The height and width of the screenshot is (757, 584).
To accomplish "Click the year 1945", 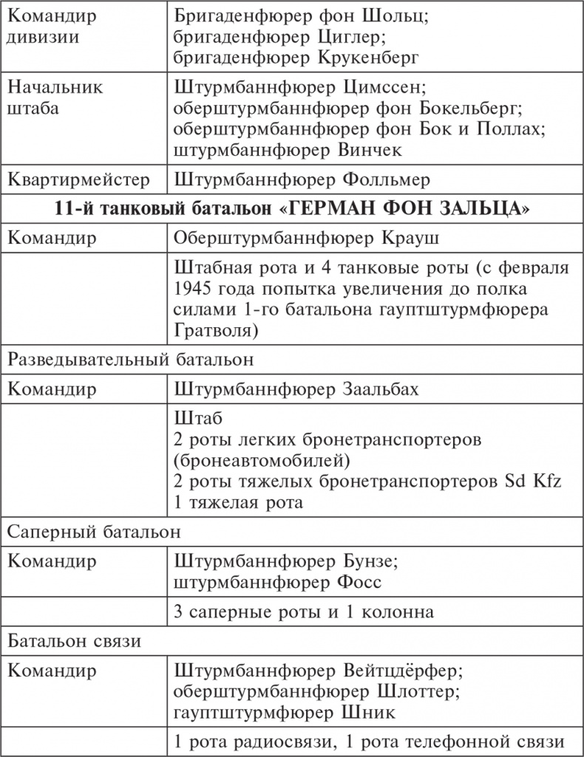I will [x=194, y=288].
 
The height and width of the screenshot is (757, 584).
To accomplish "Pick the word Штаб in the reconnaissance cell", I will [x=196, y=419].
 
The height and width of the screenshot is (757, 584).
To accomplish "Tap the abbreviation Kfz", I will [x=547, y=482].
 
